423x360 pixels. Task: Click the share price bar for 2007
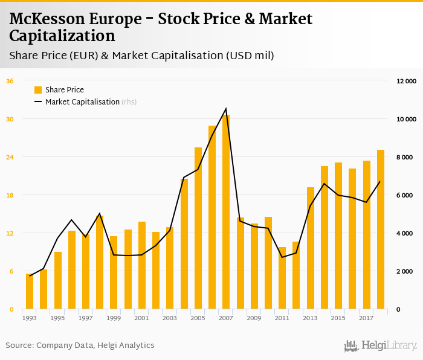[x=226, y=212]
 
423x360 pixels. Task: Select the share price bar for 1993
[x=30, y=292]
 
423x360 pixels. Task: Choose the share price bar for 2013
[x=311, y=248]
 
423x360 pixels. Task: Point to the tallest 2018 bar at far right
[x=381, y=230]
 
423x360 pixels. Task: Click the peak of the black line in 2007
[x=226, y=109]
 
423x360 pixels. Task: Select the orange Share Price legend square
[x=38, y=90]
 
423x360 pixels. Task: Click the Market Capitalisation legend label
[x=82, y=102]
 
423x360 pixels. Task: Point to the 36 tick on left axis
[x=10, y=81]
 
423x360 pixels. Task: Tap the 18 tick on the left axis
[x=10, y=195]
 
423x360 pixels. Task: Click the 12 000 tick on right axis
[x=406, y=81]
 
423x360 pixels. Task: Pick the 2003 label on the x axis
[x=170, y=318]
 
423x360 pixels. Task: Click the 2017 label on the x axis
[x=366, y=318]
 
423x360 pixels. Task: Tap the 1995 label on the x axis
[x=57, y=318]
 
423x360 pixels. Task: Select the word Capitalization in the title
[x=62, y=36]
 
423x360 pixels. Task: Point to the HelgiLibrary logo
[x=380, y=346]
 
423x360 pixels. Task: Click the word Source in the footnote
[x=19, y=346]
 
